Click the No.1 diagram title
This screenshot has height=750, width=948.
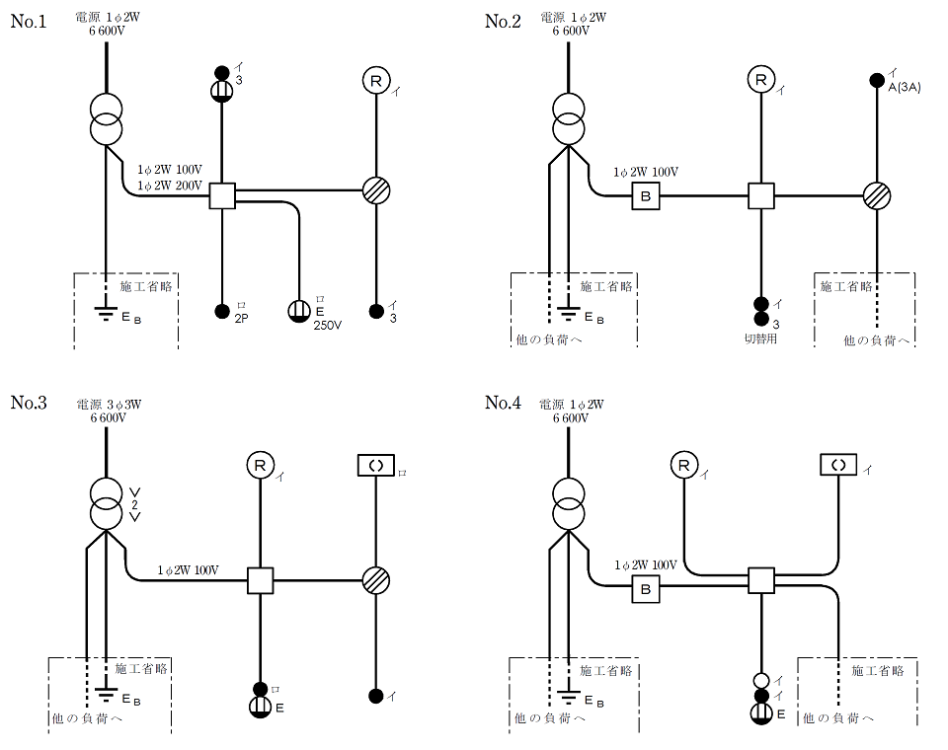[29, 22]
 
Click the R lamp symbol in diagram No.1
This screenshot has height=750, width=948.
[375, 81]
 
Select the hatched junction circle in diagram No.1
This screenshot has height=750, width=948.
[375, 190]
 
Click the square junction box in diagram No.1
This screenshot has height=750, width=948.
[222, 195]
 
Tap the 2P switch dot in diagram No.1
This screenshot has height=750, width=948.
[222, 312]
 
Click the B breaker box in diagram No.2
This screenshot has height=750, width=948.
[646, 195]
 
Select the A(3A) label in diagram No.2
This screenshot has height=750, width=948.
[905, 89]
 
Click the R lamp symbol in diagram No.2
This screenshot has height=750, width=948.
[760, 80]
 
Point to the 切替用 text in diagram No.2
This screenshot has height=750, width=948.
[760, 337]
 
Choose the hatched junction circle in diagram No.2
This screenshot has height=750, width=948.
[877, 195]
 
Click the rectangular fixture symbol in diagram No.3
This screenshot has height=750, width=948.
[375, 465]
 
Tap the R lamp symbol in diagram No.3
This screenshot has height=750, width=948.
[260, 465]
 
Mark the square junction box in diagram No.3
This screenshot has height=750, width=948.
[260, 580]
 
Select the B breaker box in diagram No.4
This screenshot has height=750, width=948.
[646, 589]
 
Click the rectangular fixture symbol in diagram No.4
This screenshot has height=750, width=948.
[838, 464]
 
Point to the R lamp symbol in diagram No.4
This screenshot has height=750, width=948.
[683, 464]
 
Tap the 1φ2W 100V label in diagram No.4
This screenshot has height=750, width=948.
[645, 565]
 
